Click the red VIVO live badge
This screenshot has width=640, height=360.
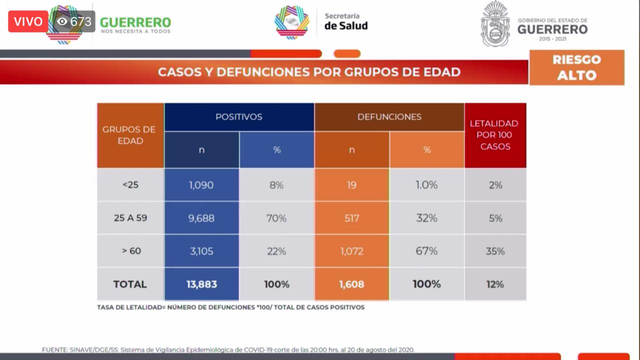pyautogui.click(x=28, y=21)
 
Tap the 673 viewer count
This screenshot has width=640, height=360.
pyautogui.click(x=74, y=21)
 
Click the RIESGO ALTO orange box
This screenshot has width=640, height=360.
pyautogui.click(x=577, y=67)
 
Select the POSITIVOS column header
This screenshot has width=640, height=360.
pyautogui.click(x=239, y=117)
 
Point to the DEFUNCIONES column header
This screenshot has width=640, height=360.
pyautogui.click(x=389, y=117)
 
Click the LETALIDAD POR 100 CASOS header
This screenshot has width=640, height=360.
pyautogui.click(x=495, y=135)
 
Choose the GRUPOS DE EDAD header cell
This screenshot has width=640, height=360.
pyautogui.click(x=130, y=135)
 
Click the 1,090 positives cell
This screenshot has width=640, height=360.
pyautogui.click(x=201, y=185)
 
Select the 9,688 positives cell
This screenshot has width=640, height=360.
pyautogui.click(x=201, y=218)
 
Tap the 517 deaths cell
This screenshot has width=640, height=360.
pyautogui.click(x=351, y=218)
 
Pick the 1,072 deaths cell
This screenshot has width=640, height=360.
pyautogui.click(x=351, y=251)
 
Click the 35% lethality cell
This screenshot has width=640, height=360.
pyautogui.click(x=495, y=251)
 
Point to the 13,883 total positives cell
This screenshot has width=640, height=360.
pyautogui.click(x=201, y=284)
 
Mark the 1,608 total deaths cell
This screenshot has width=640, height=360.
pyautogui.click(x=351, y=284)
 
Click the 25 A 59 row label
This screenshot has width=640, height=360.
pyautogui.click(x=130, y=218)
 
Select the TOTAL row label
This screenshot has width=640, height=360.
pyautogui.click(x=130, y=284)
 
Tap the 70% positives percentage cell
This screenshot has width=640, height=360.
pyautogui.click(x=276, y=218)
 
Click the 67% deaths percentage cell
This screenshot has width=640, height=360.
pyautogui.click(x=427, y=251)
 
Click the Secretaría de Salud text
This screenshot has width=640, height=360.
pyautogui.click(x=346, y=21)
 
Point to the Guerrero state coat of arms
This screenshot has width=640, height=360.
pyautogui.click(x=495, y=24)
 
